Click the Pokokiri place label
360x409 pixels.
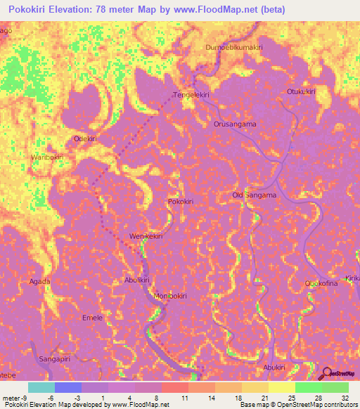(x=181, y=202)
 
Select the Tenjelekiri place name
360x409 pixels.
(x=192, y=94)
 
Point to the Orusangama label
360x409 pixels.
(x=235, y=124)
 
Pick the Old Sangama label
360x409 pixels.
(x=254, y=195)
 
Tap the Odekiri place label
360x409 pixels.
(x=85, y=139)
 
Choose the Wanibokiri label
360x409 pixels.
(x=47, y=157)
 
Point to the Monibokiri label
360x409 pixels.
(x=169, y=296)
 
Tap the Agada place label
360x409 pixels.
(x=39, y=281)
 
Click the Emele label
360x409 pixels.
(x=93, y=318)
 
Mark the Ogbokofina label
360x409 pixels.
(x=321, y=283)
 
